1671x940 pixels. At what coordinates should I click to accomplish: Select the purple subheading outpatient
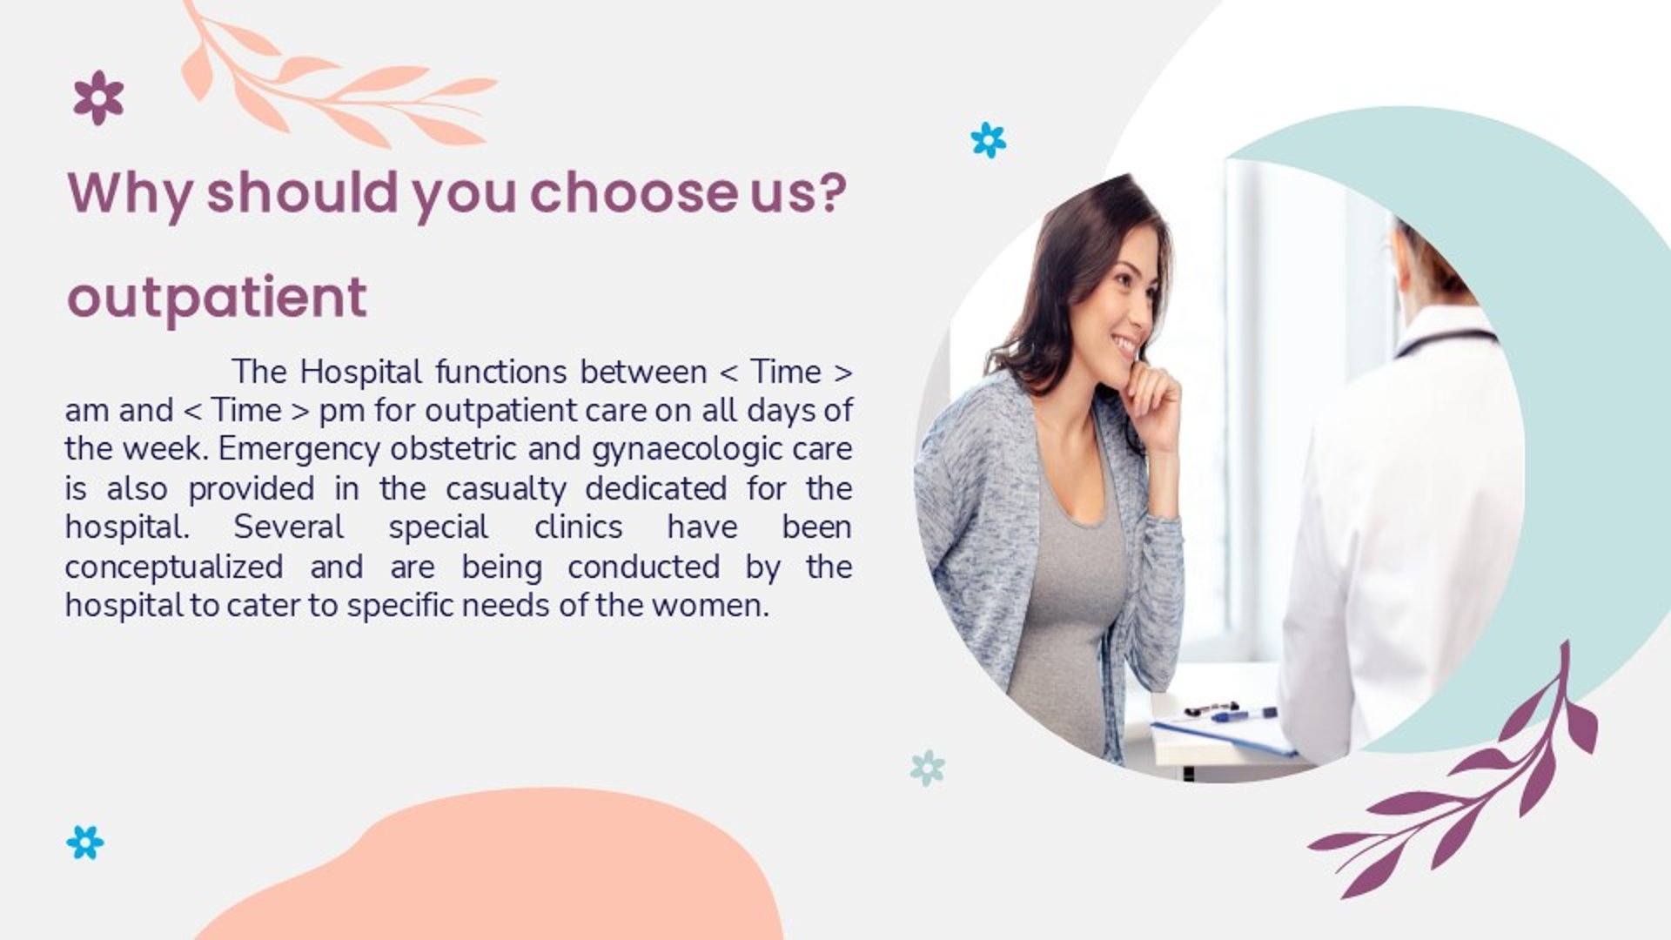217,299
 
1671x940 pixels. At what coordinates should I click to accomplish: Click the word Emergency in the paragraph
299,450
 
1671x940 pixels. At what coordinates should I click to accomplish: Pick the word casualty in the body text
506,489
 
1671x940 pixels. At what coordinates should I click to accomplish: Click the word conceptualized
174,567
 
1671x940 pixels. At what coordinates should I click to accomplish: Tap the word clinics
578,527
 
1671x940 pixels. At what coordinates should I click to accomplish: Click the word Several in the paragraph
288,527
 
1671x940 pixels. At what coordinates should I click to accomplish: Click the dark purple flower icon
98,97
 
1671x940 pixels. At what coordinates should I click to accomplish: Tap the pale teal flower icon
927,768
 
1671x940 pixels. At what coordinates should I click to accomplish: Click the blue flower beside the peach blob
84,843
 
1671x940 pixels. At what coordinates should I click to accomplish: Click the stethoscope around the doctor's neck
1445,339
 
